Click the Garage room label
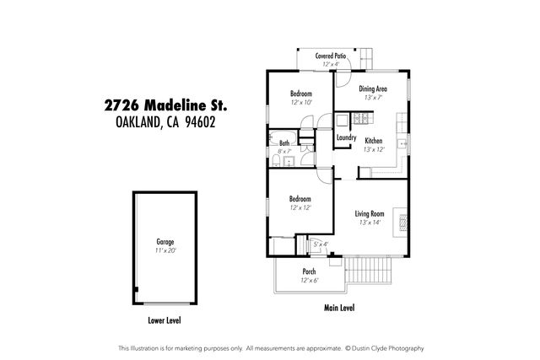(165, 242)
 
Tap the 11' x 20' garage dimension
(165, 250)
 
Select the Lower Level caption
(165, 320)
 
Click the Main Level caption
(339, 308)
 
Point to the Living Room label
(370, 214)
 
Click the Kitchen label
(374, 141)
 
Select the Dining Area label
(373, 89)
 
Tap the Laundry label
(346, 137)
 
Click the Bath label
(284, 143)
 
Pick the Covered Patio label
(330, 56)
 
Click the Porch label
(309, 271)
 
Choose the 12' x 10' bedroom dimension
(301, 102)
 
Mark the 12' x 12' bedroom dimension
(300, 207)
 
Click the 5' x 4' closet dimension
(321, 244)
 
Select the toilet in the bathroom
(278, 160)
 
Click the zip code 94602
(210, 121)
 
